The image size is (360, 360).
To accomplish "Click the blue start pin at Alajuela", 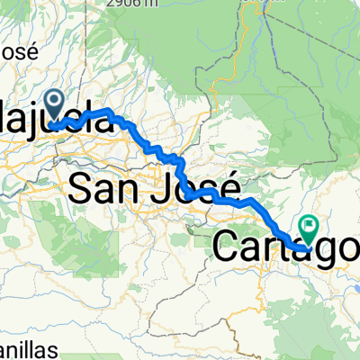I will click(x=56, y=106).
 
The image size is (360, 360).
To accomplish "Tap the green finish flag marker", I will click(x=310, y=228).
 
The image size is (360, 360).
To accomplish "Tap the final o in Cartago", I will click(x=346, y=248).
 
